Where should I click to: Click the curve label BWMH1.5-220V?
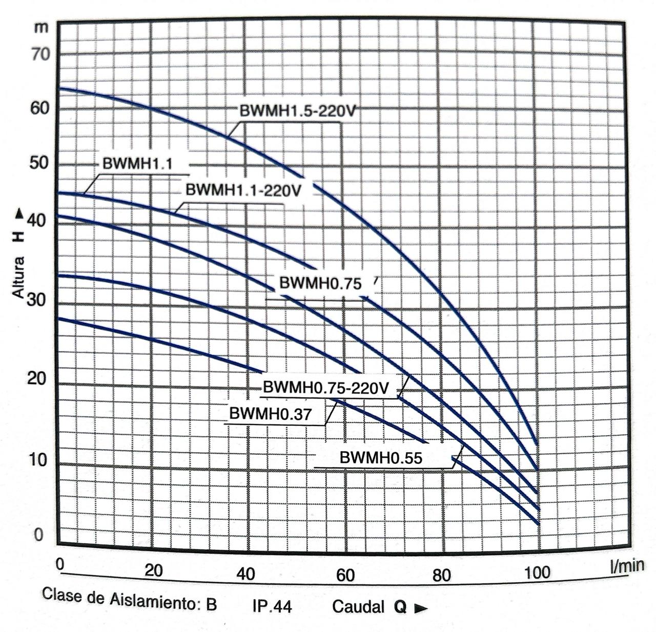pos(297,111)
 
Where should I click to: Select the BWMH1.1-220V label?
pos(243,190)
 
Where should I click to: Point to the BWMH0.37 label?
pos(270,414)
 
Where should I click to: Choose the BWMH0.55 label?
pos(381,458)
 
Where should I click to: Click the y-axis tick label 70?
pos(41,54)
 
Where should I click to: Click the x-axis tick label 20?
pos(153,569)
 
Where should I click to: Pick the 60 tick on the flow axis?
pos(345,575)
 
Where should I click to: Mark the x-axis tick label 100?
pos(537,572)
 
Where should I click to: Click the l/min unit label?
pos(627,565)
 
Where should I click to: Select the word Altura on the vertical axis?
pos(19,277)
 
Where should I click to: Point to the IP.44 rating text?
pos(272,607)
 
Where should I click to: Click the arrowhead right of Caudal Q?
pos(421,608)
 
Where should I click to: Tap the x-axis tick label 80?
pos(441,575)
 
